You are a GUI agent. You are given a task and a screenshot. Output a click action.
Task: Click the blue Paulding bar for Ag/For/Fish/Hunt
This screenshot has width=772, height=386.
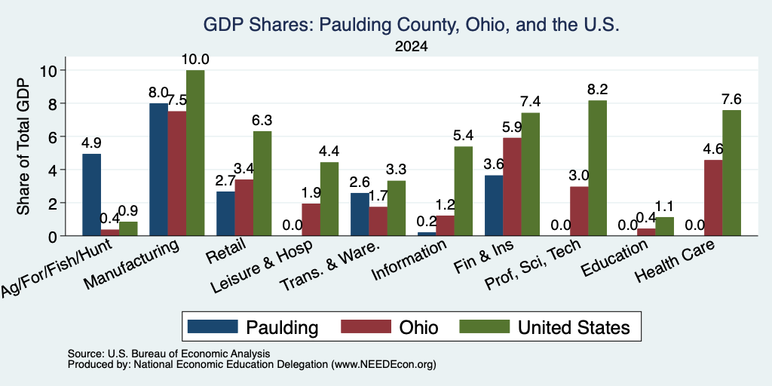(x=91, y=195)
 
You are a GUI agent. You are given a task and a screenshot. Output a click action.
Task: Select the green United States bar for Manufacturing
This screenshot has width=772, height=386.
(x=195, y=153)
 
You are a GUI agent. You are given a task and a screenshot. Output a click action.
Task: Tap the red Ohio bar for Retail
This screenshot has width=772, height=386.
(x=244, y=208)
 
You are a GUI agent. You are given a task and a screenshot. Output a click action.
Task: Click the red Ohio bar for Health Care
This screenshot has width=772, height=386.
(x=713, y=198)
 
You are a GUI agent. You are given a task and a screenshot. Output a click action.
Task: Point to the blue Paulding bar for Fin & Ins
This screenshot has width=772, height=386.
(x=494, y=206)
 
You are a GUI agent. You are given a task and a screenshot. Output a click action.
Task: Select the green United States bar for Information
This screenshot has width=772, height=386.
(x=464, y=191)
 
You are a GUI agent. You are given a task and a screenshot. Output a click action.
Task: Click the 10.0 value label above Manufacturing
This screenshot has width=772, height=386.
(x=195, y=60)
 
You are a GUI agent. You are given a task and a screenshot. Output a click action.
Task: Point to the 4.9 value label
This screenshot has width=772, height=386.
(x=91, y=143)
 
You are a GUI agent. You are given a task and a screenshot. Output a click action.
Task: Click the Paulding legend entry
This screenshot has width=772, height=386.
(x=253, y=327)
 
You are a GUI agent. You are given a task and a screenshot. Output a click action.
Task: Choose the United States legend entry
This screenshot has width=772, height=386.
(x=544, y=327)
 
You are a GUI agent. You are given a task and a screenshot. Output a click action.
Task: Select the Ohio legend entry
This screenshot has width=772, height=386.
(x=390, y=327)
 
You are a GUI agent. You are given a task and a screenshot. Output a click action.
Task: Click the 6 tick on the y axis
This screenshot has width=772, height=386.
(x=54, y=136)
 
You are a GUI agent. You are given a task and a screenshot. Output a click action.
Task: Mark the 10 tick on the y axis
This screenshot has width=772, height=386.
(x=51, y=70)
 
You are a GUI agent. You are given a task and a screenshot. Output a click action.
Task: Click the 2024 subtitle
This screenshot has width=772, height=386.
(x=411, y=47)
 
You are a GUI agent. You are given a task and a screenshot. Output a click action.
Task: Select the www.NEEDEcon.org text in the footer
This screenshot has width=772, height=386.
(x=384, y=365)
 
